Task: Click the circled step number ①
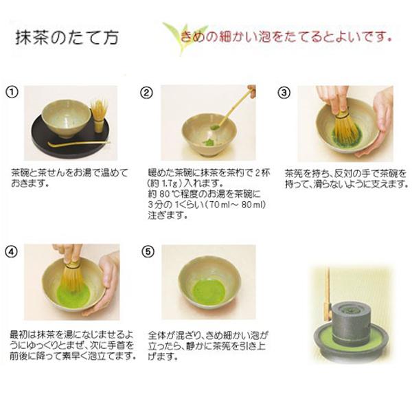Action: pos(12,93)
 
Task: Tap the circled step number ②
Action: pos(146,93)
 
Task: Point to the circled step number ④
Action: pos(12,250)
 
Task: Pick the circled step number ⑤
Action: pos(146,250)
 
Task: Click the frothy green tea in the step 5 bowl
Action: pos(207,291)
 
